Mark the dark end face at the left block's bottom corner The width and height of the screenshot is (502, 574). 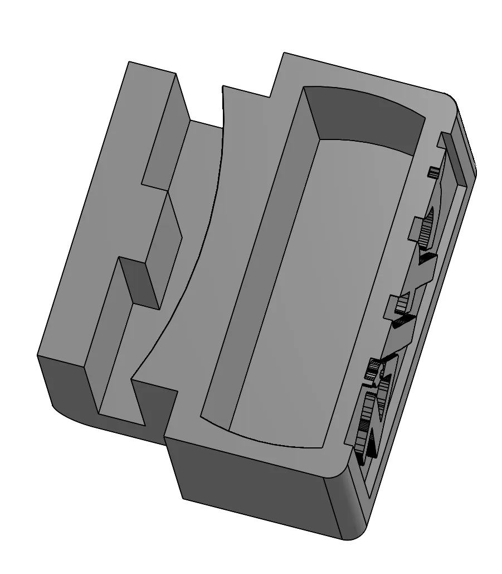61,385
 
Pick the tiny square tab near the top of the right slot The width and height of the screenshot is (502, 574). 433,172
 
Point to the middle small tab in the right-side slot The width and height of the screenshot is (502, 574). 400,305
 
